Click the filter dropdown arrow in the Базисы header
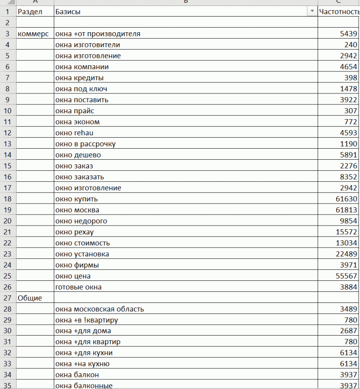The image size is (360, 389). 313,12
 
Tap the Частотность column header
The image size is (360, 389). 339,12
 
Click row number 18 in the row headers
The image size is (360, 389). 7,199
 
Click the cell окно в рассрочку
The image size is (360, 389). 85,144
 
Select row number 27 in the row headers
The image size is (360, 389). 7,298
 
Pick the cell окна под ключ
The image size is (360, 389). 81,89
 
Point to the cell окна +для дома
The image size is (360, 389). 83,331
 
